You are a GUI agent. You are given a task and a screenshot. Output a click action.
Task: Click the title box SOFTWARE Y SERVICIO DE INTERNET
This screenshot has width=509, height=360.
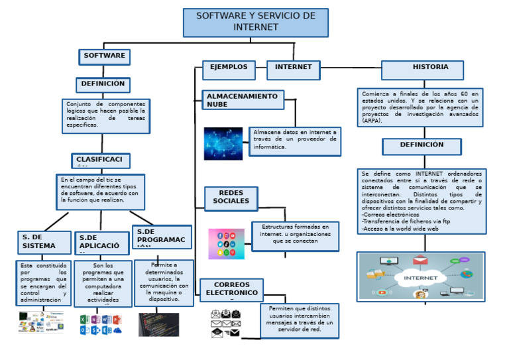tap(255, 23)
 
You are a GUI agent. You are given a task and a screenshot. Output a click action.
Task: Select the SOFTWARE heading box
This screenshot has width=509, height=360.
tap(104, 56)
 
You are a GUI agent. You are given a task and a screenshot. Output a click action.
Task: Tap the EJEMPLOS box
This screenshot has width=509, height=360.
tap(229, 68)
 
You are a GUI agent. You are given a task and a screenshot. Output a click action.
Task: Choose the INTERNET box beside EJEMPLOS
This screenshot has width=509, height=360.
tap(293, 68)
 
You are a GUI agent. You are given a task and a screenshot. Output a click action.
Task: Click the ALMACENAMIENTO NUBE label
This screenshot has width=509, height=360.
tap(243, 100)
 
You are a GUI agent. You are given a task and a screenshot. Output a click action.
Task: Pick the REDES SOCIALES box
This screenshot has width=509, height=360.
tap(231, 198)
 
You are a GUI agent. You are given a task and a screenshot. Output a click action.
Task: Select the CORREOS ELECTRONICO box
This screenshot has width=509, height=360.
tap(231, 290)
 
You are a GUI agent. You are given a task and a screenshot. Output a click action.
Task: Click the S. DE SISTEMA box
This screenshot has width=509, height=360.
tap(44, 242)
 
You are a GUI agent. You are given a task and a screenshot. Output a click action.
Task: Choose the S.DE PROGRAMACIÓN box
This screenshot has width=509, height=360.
tap(162, 237)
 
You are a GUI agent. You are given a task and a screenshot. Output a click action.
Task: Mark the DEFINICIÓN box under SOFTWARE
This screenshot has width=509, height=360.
tap(103, 85)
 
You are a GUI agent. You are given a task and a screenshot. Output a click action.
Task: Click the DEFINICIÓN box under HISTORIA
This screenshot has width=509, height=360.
tap(422, 146)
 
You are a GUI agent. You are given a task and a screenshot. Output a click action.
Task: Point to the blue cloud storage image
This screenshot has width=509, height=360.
tap(223, 143)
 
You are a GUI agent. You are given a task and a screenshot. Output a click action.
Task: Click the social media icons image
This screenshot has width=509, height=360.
tap(226, 244)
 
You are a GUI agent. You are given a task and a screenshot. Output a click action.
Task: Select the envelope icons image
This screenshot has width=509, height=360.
tap(225, 323)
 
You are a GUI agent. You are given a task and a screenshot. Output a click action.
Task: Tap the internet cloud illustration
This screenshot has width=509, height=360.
tap(421, 276)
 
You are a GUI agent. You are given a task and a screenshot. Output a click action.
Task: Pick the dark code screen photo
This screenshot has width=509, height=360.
tap(158, 324)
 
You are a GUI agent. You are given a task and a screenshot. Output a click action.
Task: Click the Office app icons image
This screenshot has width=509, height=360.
tap(101, 324)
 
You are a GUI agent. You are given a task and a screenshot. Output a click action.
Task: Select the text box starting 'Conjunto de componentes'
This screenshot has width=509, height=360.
tap(106, 116)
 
